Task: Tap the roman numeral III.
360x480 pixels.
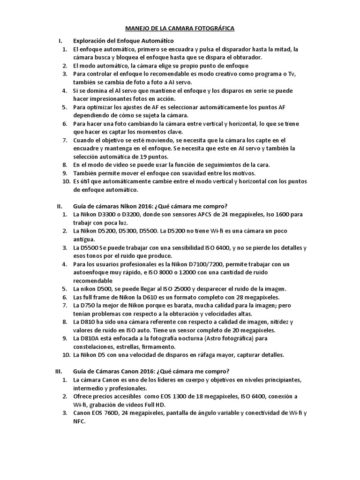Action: click(x=59, y=371)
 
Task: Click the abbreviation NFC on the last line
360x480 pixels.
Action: click(x=80, y=421)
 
